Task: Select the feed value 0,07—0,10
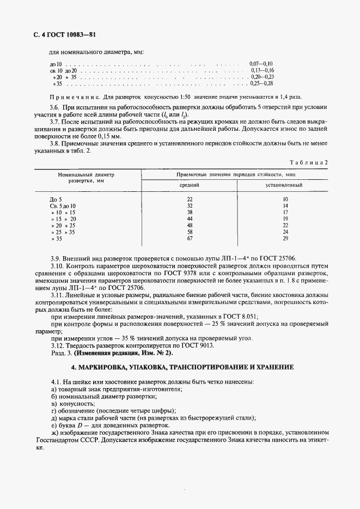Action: tap(261, 64)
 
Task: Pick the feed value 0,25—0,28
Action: tap(261, 84)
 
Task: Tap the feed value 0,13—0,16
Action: tap(262, 71)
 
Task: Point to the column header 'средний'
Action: tap(190, 185)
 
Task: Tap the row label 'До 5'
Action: tap(56, 199)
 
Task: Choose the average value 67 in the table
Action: tap(190, 238)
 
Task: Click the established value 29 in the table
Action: tap(284, 238)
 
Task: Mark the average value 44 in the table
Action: tap(190, 219)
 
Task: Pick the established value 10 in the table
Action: tap(284, 199)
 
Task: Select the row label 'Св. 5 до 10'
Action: tap(63, 206)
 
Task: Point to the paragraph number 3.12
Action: tap(57, 346)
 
